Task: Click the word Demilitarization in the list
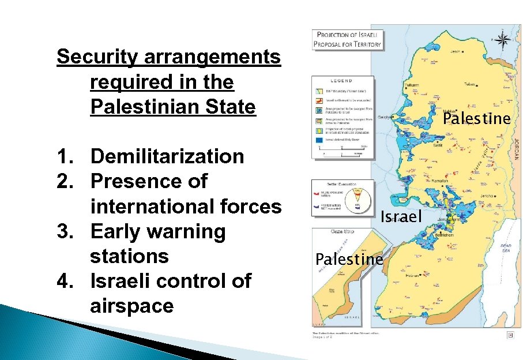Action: coord(167,156)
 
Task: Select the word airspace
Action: coord(131,306)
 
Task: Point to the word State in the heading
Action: coord(231,107)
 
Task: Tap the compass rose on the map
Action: coord(503,40)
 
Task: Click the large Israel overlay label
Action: coord(402,216)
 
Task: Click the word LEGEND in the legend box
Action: coord(341,81)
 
